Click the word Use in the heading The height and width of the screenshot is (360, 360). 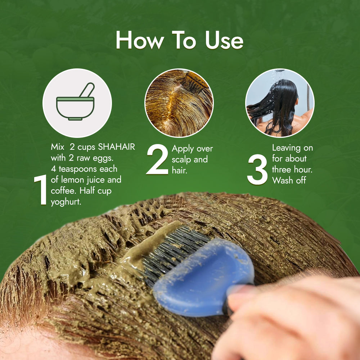coord(224,40)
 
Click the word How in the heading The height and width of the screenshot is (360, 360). coord(140,40)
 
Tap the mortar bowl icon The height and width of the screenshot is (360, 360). coord(76,108)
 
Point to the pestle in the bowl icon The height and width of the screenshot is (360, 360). coord(87,90)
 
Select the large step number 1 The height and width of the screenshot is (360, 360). coord(41,189)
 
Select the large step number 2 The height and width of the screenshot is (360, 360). coord(158,159)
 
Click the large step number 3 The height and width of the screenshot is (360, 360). coord(257,170)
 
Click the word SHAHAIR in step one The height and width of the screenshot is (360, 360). coord(116,147)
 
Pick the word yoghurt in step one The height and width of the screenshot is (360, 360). coord(66,202)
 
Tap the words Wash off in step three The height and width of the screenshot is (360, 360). coord(289,180)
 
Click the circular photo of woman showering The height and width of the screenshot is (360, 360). coord(280,103)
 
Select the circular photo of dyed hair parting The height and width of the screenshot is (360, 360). coord(179,103)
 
